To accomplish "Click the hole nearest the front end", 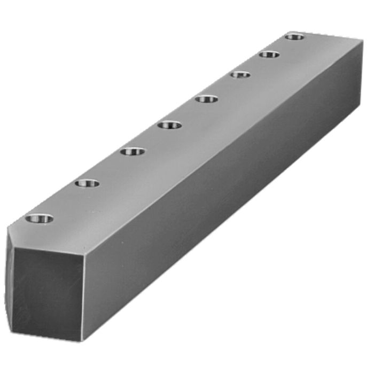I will point(40,218).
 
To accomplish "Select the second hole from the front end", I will point(87,183).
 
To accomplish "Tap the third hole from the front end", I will point(133,152).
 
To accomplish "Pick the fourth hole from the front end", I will point(169,125).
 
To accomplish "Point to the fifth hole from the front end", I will point(207,98).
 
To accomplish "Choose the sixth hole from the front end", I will point(240,74).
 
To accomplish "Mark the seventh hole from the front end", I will point(270,54).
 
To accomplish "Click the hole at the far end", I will point(294,36).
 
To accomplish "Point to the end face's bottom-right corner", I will point(81,340).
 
